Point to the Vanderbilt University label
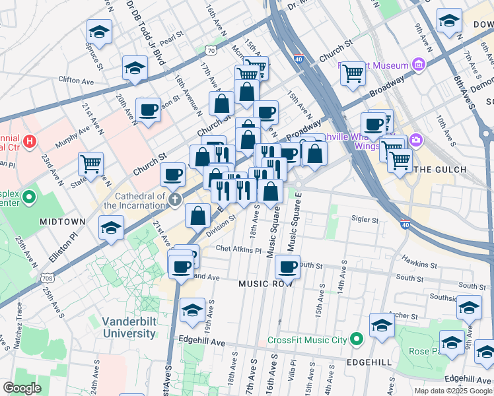(129, 327)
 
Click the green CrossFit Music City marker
(357, 340)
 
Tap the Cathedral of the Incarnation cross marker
(176, 200)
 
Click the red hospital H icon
(29, 141)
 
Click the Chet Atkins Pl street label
(239, 250)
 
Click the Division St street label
(220, 222)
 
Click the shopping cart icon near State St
(90, 163)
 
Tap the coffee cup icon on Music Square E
(287, 267)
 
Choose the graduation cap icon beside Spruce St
(99, 31)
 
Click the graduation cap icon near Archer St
(382, 325)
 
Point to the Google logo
(22, 388)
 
